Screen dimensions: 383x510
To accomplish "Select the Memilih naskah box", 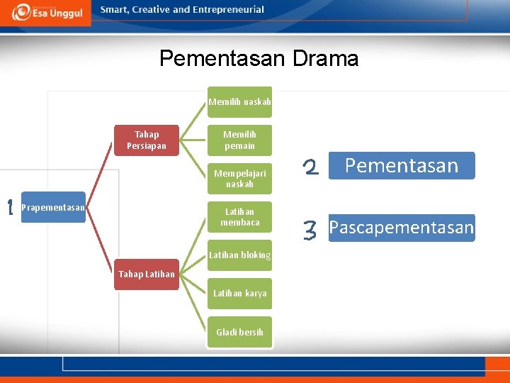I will click(239, 101).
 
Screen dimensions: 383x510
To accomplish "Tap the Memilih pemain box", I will click(239, 140).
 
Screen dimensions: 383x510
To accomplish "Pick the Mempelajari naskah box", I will click(239, 179).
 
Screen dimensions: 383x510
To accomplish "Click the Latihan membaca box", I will click(239, 217).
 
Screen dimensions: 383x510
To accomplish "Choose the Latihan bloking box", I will click(239, 255).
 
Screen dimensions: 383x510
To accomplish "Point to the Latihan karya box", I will click(239, 294).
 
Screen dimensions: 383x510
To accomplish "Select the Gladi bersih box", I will click(239, 332).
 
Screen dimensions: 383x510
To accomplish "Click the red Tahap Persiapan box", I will click(147, 140).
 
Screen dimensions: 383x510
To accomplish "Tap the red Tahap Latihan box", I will click(147, 274).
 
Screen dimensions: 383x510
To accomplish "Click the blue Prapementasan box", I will click(53, 207).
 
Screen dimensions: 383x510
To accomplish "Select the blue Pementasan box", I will click(402, 166).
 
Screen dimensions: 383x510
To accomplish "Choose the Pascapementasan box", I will click(402, 228).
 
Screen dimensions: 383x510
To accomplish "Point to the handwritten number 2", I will click(310, 167).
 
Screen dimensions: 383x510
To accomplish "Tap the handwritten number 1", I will click(10, 208).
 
